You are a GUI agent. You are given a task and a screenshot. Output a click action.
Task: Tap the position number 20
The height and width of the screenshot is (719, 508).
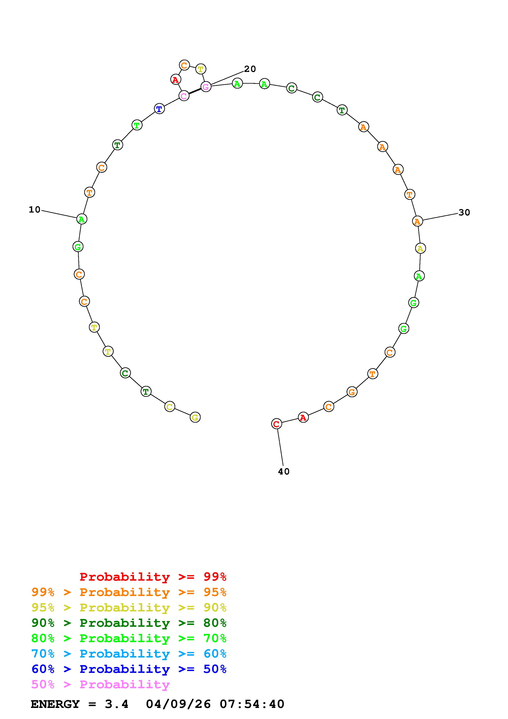(x=250, y=69)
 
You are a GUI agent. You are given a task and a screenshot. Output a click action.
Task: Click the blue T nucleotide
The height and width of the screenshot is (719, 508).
(x=159, y=109)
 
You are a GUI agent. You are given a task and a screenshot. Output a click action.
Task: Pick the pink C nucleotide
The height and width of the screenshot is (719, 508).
(x=184, y=96)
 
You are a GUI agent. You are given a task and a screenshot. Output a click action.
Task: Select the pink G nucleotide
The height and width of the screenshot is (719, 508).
(x=206, y=87)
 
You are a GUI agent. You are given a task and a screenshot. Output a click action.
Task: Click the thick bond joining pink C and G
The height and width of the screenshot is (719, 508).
(x=195, y=91)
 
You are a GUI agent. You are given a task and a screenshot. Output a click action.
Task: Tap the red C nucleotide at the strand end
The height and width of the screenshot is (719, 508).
(x=276, y=424)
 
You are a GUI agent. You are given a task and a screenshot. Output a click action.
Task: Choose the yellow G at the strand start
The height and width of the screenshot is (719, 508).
(x=195, y=417)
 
